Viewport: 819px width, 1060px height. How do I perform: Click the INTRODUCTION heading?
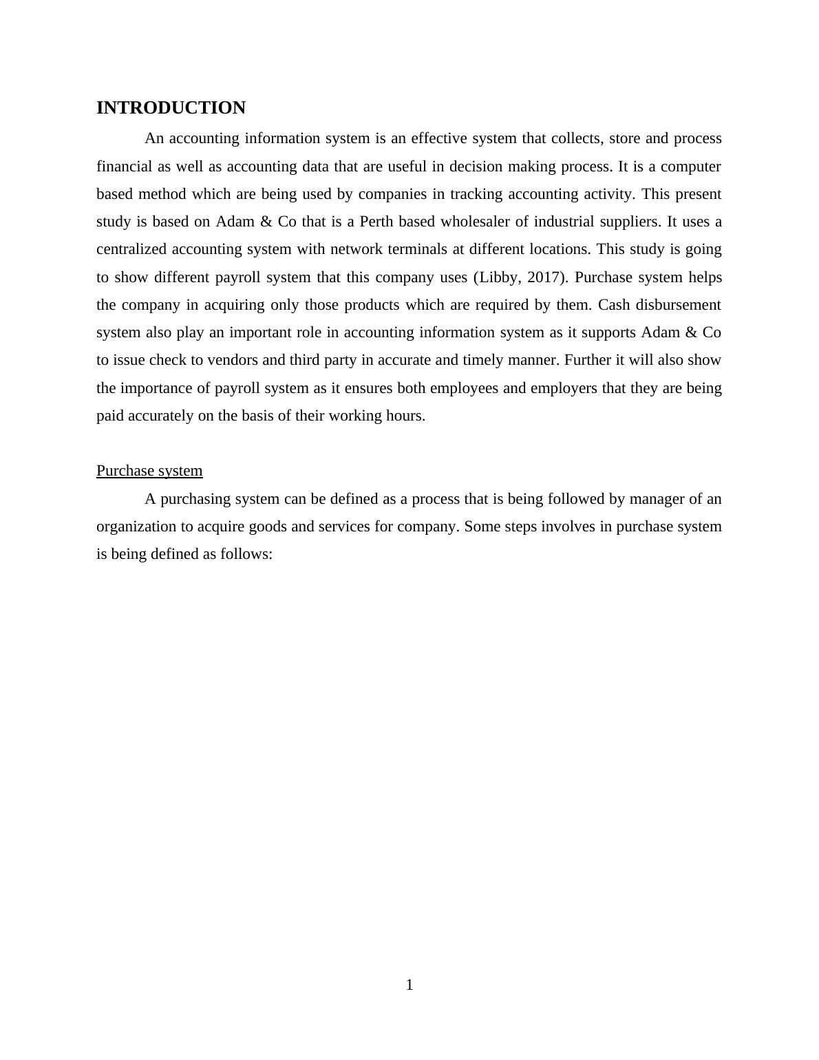click(x=171, y=108)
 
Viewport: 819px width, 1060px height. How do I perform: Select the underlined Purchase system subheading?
click(x=149, y=471)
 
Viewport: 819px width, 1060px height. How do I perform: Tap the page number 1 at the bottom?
click(x=409, y=985)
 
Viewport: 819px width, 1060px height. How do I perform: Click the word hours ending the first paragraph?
click(x=405, y=416)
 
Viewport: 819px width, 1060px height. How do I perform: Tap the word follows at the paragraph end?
click(x=246, y=554)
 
